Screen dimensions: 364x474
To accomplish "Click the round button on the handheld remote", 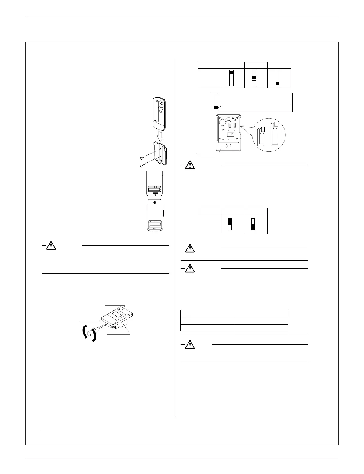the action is [161, 102].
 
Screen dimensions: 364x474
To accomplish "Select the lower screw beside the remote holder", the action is [142, 165].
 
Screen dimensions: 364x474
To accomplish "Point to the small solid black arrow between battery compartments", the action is [154, 202].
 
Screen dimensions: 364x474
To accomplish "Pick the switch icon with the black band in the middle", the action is [254, 78].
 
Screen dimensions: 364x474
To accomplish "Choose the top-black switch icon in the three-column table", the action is [231, 78].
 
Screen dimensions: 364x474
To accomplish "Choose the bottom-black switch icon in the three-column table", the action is [277, 78].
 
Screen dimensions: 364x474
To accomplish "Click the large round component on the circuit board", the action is [222, 122].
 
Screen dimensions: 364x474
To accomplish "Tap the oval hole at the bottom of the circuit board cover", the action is [229, 146].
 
